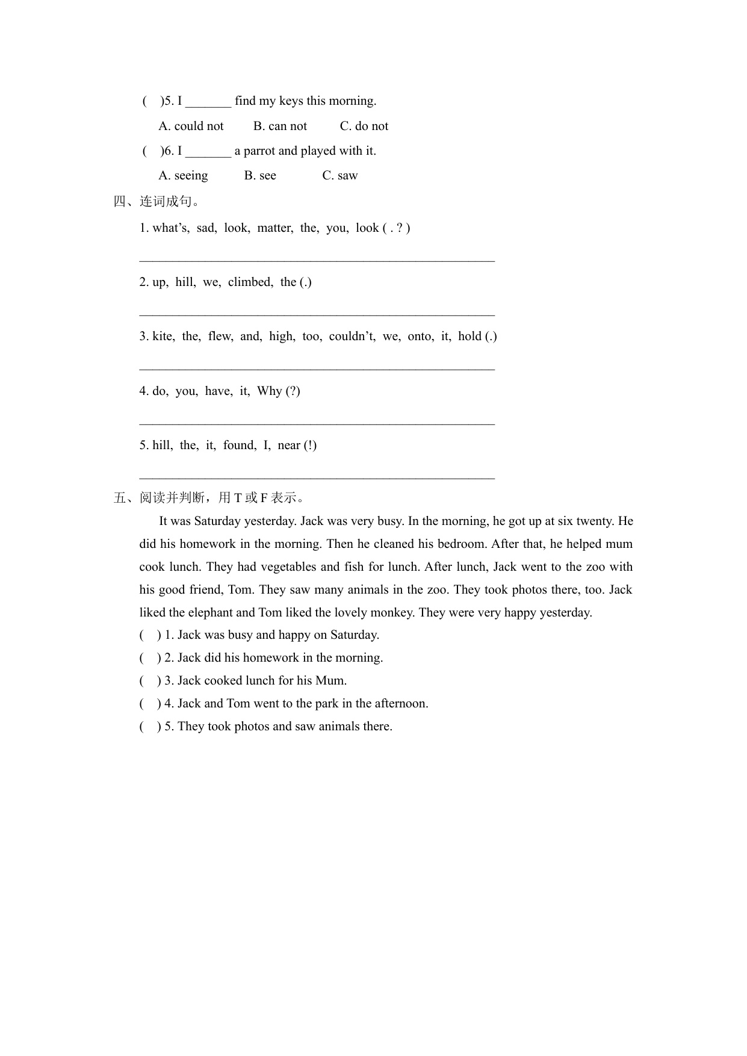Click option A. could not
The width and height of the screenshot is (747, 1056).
[191, 126]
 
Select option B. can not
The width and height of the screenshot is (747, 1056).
[280, 126]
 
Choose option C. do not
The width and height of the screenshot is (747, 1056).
[364, 126]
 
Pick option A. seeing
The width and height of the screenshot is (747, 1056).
[183, 175]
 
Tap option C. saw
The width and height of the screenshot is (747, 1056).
[339, 175]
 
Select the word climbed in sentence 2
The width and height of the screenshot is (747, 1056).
[250, 282]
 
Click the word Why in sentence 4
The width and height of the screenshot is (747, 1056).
[269, 391]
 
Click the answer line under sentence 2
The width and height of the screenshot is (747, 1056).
[317, 313]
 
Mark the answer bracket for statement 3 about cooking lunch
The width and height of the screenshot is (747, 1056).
[150, 680]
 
